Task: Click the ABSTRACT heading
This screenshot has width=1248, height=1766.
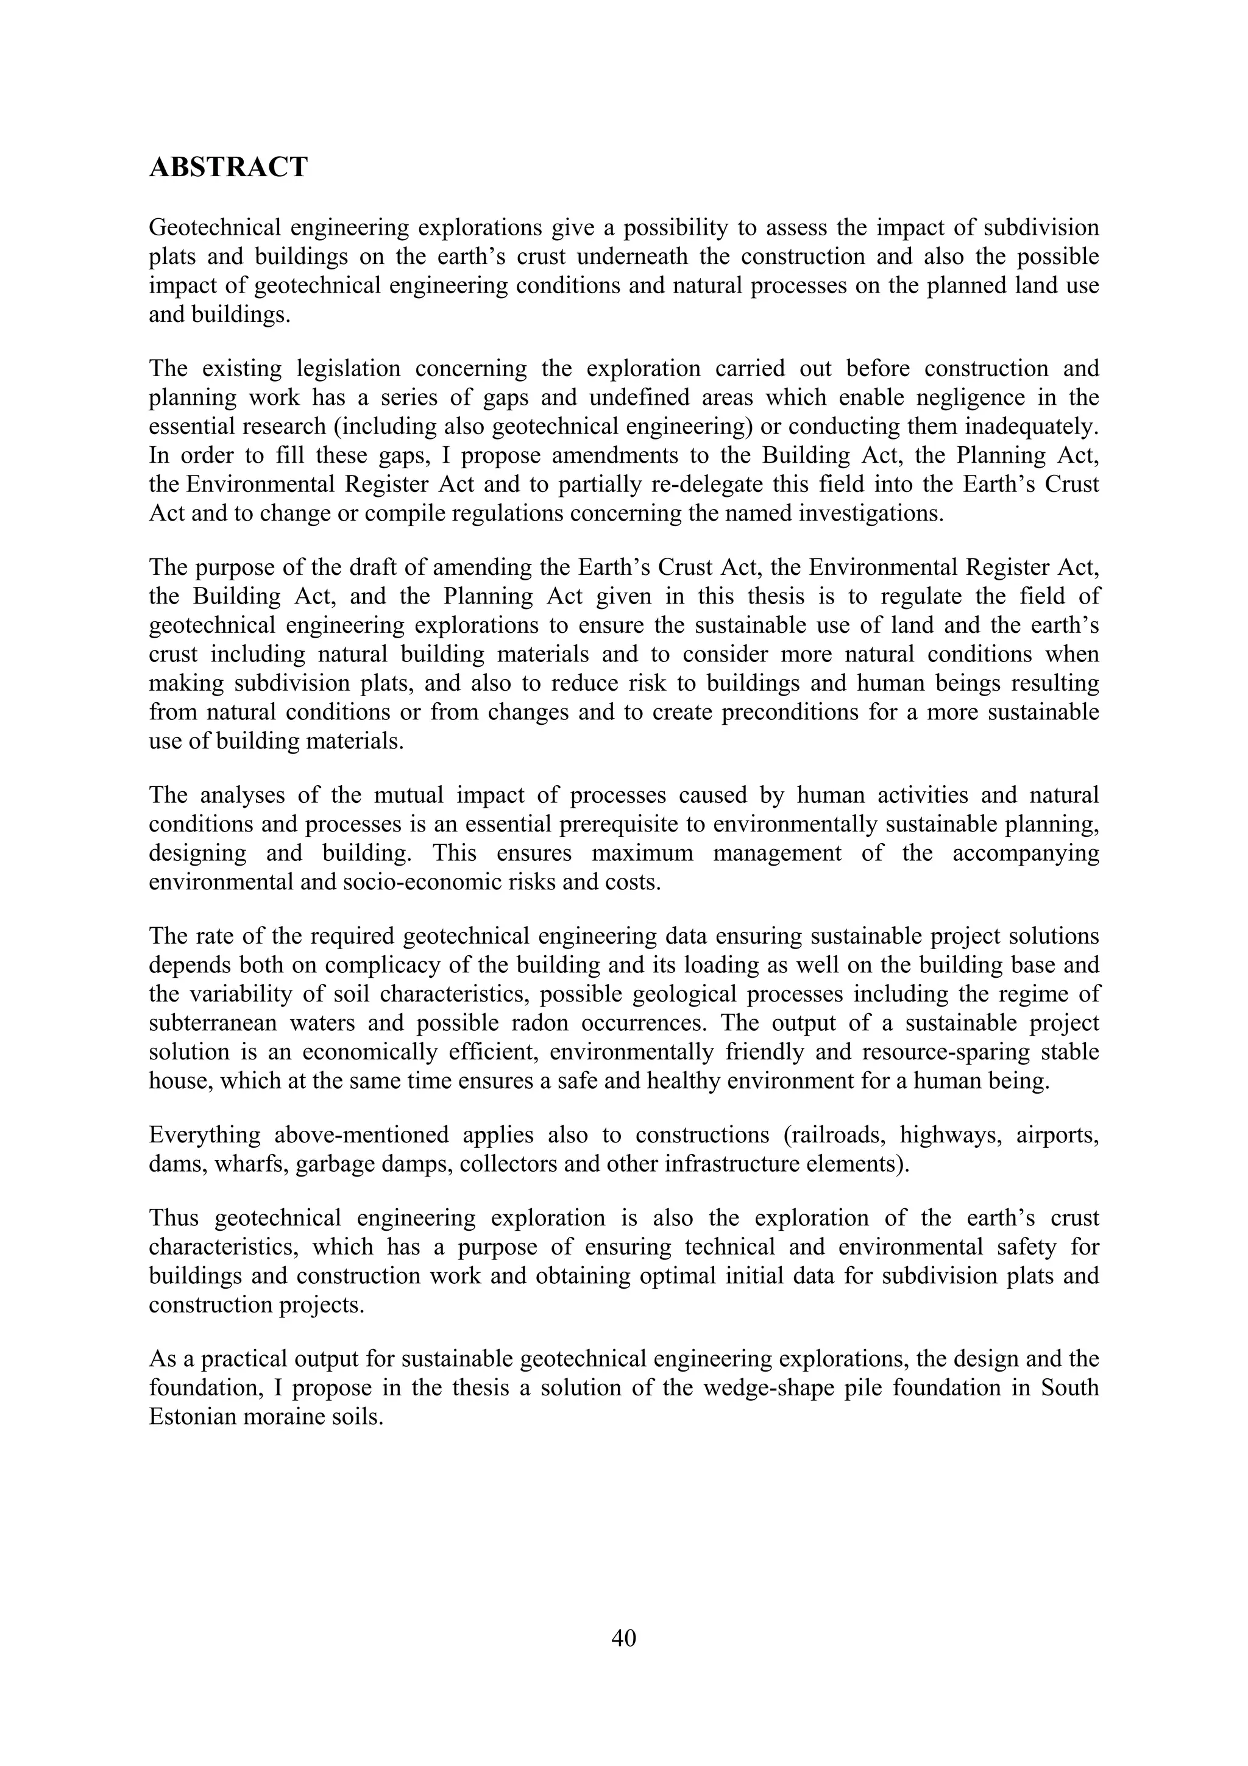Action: [228, 167]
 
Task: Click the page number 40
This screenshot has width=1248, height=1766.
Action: [623, 1639]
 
